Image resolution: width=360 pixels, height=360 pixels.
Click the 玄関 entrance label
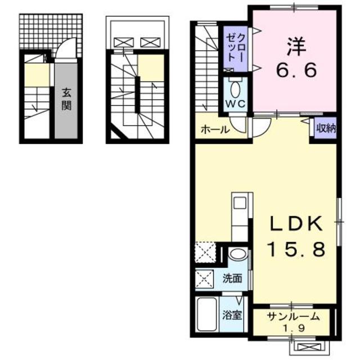[x=66, y=99]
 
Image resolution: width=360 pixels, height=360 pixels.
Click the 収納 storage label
[x=325, y=128]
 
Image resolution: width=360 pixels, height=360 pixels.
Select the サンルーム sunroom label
[x=294, y=316]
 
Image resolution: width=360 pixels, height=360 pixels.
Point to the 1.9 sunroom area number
[x=294, y=327]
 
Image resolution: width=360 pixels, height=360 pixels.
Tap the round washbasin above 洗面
[x=238, y=254]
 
